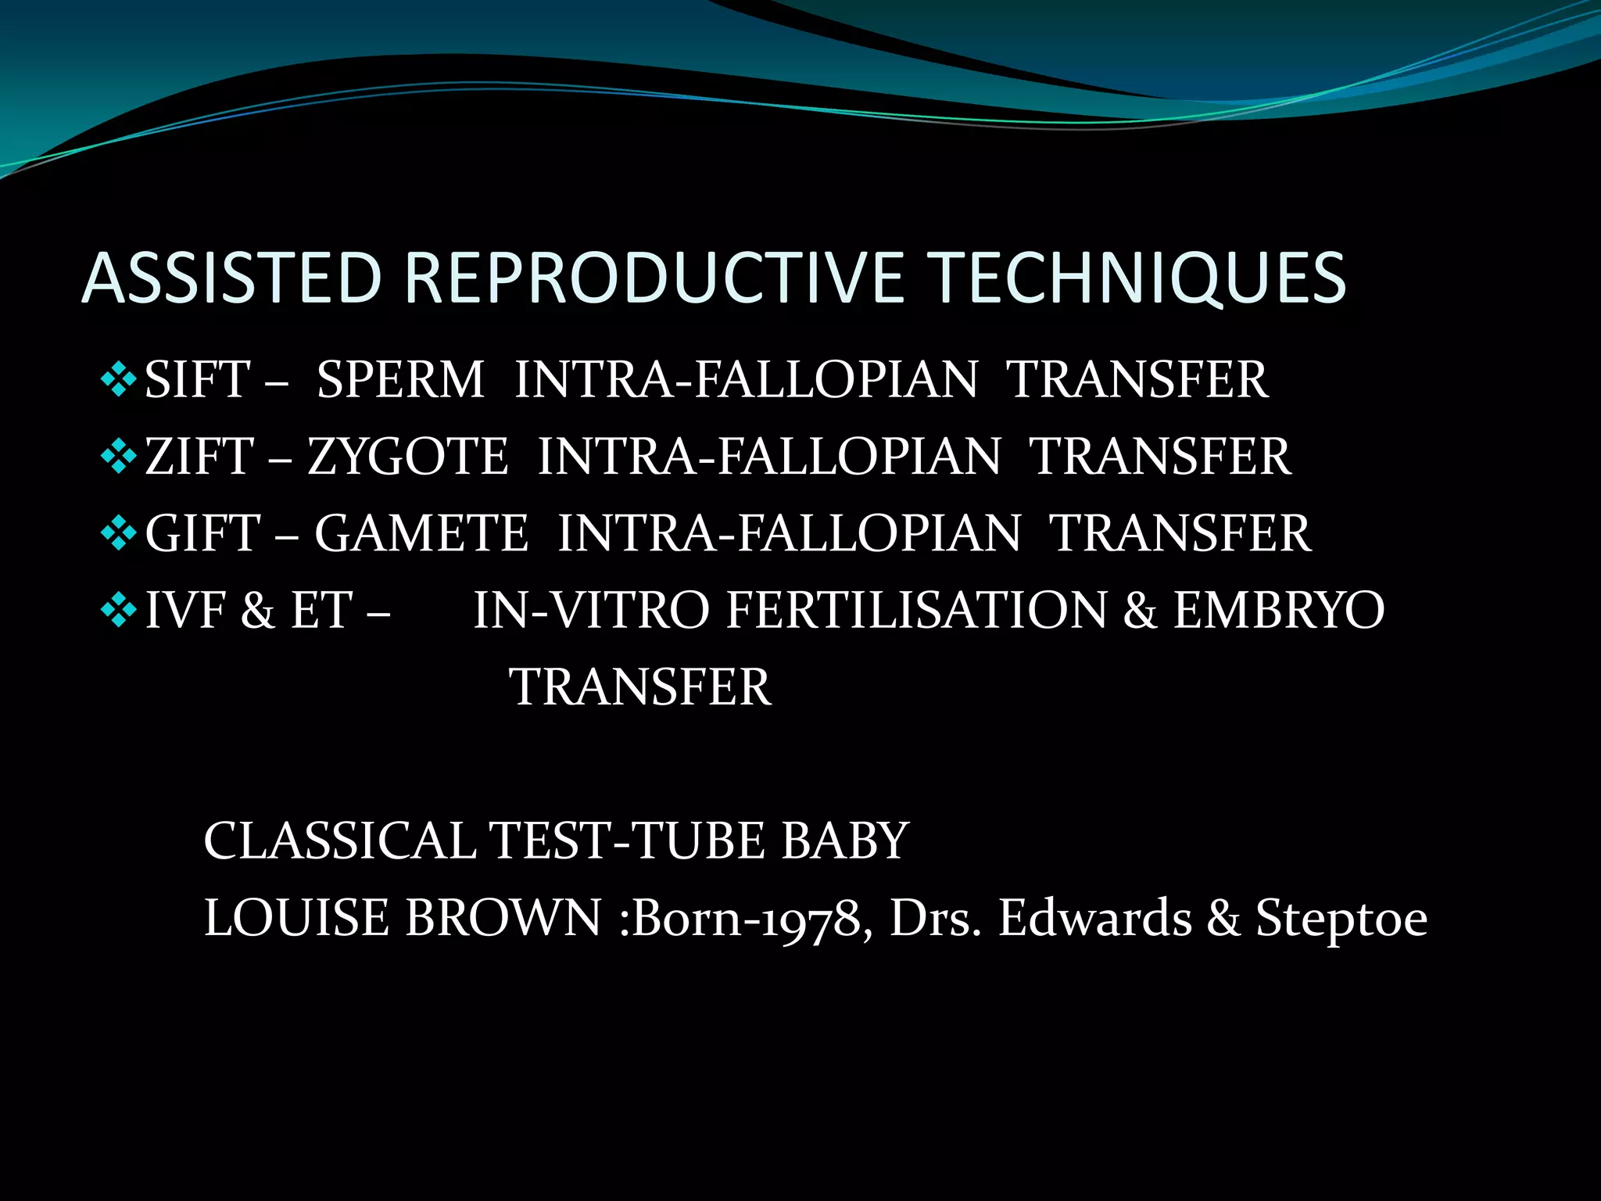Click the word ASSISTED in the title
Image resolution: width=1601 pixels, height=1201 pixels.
click(x=231, y=278)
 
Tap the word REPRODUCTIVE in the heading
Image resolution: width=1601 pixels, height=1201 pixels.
click(x=654, y=278)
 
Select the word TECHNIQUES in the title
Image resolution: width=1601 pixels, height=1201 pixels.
click(x=1139, y=278)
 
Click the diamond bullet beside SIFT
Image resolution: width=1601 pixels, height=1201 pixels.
click(x=119, y=379)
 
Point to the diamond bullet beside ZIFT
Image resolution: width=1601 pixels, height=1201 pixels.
click(x=119, y=457)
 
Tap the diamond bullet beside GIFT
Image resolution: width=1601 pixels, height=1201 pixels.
click(x=119, y=533)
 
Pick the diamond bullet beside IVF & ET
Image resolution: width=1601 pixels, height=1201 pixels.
click(x=119, y=610)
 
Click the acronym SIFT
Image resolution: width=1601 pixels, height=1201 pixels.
click(x=197, y=380)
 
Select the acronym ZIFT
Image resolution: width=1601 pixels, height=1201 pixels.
click(x=200, y=457)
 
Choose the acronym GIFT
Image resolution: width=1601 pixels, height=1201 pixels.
click(x=202, y=533)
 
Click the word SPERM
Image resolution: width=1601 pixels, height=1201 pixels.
click(x=400, y=380)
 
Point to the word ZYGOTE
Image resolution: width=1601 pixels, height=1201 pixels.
click(x=407, y=457)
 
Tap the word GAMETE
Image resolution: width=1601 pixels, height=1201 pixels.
click(x=421, y=533)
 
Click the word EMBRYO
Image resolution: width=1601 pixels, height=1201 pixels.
click(x=1279, y=610)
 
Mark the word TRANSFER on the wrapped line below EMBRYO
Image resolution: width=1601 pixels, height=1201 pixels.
click(x=640, y=687)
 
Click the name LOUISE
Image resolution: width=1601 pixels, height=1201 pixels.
click(x=295, y=918)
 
